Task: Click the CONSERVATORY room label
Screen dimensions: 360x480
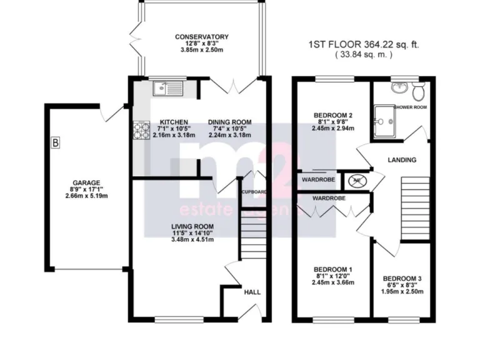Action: click(x=201, y=37)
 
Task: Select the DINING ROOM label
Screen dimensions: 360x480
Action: click(x=229, y=122)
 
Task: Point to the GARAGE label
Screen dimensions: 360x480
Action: click(x=85, y=176)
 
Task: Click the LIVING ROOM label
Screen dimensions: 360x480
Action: click(x=194, y=226)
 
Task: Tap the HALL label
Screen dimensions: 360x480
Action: click(x=252, y=292)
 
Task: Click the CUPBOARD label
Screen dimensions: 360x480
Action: click(x=254, y=192)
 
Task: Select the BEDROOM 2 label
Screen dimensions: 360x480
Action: click(x=333, y=115)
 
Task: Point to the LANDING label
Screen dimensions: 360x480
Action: click(x=401, y=160)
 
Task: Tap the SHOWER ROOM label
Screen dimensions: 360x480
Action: click(x=411, y=107)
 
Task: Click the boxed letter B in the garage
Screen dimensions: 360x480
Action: click(x=56, y=144)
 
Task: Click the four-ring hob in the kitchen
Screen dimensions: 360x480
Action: click(x=141, y=130)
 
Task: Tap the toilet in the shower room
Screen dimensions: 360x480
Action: click(x=419, y=91)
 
